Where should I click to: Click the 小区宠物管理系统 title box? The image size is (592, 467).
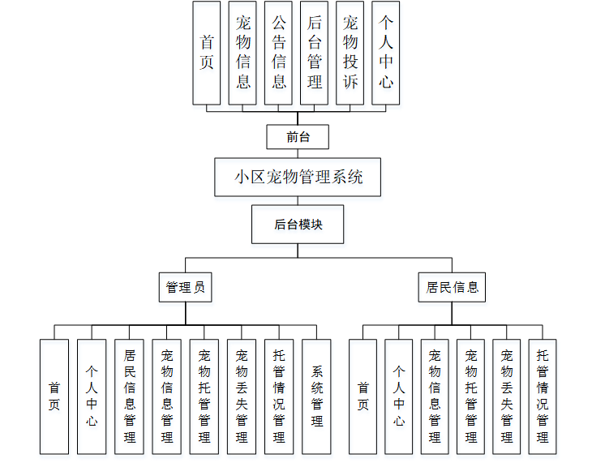click(298, 177)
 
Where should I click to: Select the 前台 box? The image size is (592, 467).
click(298, 137)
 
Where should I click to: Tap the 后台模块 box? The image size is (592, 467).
click(298, 225)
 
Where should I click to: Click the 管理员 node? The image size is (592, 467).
click(185, 287)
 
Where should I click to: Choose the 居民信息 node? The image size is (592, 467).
click(453, 287)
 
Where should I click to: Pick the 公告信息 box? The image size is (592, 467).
click(278, 53)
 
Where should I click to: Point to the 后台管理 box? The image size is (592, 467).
click(314, 53)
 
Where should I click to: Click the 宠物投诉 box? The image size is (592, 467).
click(350, 53)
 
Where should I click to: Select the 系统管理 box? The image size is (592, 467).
click(316, 396)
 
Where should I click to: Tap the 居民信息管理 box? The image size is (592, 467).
click(129, 396)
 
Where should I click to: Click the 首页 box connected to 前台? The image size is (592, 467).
click(207, 53)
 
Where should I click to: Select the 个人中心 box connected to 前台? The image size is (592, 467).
click(385, 53)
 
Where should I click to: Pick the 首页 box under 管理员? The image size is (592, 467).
click(54, 396)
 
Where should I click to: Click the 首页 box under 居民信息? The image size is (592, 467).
click(362, 396)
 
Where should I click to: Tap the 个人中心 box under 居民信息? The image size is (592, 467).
click(399, 396)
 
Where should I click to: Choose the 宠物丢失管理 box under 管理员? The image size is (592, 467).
click(242, 396)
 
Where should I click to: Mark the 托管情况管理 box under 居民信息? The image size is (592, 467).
click(543, 396)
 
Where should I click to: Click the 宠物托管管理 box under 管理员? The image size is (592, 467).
click(204, 396)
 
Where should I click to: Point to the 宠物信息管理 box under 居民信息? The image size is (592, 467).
click(435, 396)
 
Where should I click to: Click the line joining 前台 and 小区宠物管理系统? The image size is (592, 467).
click(298, 153)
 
